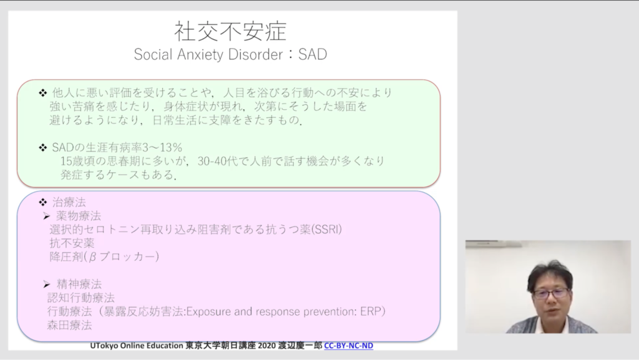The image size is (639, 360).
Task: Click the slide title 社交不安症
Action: (x=230, y=31)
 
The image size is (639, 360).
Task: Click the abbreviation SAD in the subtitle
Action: (x=313, y=54)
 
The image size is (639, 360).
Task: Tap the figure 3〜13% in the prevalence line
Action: (x=162, y=147)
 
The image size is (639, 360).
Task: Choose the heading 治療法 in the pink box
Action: (x=69, y=202)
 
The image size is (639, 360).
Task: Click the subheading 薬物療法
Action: (x=78, y=216)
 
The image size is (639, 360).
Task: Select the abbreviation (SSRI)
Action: (x=326, y=229)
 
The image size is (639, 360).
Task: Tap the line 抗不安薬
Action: (x=72, y=243)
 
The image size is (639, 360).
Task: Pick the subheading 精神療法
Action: (x=79, y=284)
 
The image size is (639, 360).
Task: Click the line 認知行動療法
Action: (x=80, y=298)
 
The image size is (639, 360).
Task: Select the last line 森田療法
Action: (x=69, y=325)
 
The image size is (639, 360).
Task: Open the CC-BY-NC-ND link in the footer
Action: (x=348, y=346)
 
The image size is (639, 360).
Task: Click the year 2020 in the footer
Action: (x=267, y=346)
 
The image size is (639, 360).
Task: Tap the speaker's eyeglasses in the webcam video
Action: (x=550, y=293)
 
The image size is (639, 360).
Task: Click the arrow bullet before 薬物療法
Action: (x=46, y=216)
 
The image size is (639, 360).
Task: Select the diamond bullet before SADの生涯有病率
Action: (x=43, y=147)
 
